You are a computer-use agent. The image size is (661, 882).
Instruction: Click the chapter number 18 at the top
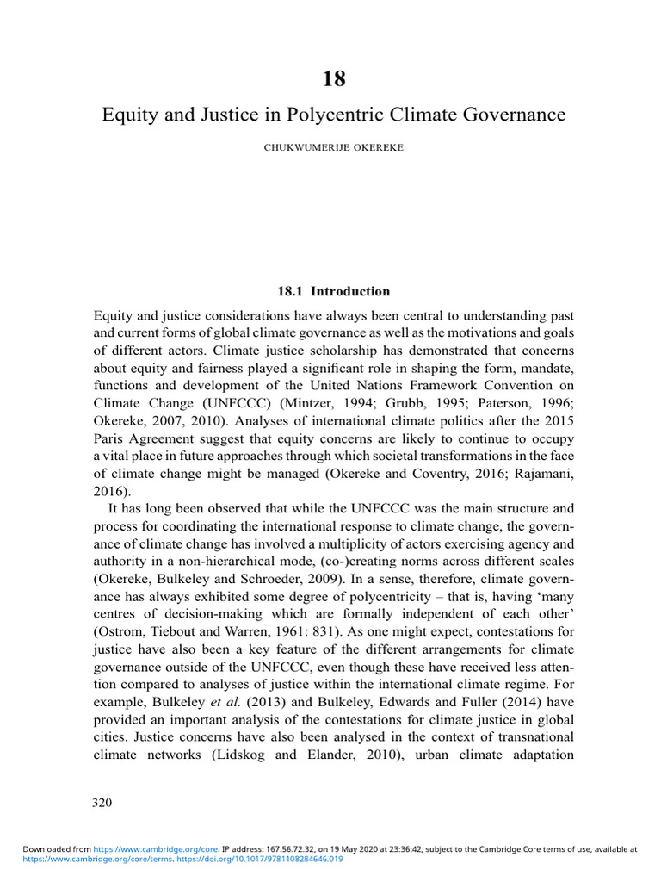pos(334,79)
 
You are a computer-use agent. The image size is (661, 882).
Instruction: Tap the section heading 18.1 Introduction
pos(334,291)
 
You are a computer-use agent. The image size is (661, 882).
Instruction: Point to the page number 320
pos(102,803)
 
